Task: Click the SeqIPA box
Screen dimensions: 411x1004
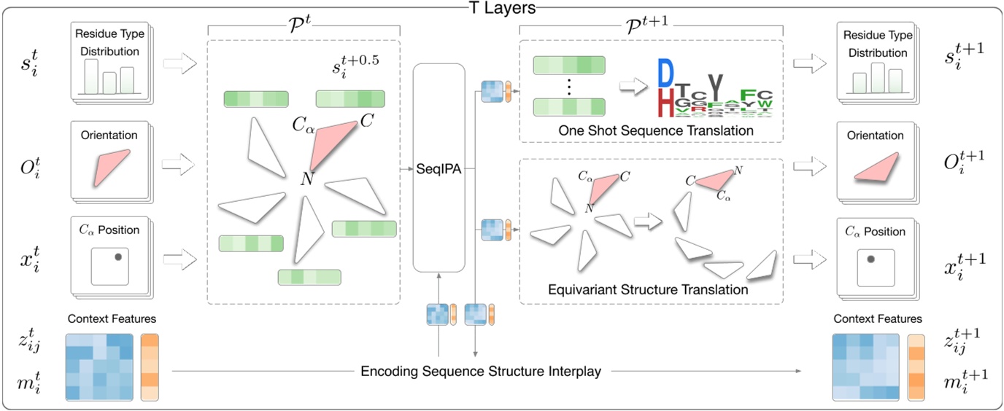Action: pos(439,168)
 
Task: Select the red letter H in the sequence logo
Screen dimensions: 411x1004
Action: pos(665,104)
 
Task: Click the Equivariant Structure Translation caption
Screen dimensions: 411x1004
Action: pos(648,289)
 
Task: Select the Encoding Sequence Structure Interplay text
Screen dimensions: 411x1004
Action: pos(481,372)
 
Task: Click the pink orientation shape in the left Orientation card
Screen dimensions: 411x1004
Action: pos(112,167)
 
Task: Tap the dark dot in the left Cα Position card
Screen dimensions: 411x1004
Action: pos(117,256)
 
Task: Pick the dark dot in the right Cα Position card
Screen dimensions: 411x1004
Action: pos(869,258)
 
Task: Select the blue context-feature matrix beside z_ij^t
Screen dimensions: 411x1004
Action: pos(99,367)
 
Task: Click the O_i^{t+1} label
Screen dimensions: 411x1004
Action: pos(962,160)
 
